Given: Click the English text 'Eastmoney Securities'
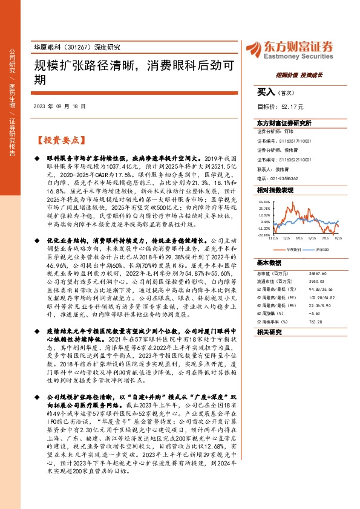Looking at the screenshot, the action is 298,53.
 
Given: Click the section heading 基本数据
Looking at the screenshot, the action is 269,264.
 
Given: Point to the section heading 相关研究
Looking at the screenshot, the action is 269,332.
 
